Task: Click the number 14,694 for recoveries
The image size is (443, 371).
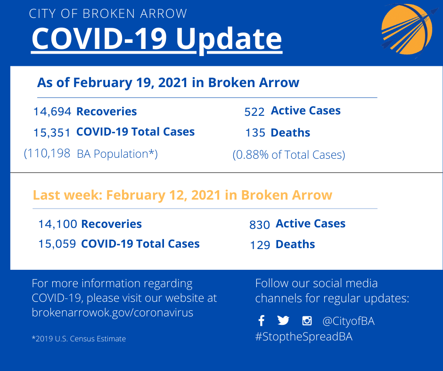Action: (52, 112)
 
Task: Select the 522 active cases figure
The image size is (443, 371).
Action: (254, 112)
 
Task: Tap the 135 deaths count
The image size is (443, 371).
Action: (255, 133)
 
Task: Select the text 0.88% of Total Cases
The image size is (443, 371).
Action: (289, 155)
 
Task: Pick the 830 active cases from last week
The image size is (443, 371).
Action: (259, 225)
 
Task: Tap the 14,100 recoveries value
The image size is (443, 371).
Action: (57, 224)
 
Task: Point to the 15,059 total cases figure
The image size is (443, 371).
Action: (57, 244)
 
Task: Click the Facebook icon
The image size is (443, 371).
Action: (262, 321)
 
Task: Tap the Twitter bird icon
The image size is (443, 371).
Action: (283, 321)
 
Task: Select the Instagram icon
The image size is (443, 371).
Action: (307, 321)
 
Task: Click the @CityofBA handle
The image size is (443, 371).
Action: (348, 322)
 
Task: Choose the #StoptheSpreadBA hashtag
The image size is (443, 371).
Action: (304, 337)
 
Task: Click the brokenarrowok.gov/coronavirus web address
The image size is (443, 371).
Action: (113, 313)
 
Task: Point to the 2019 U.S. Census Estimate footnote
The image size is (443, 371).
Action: (79, 339)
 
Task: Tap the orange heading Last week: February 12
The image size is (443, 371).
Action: (182, 195)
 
